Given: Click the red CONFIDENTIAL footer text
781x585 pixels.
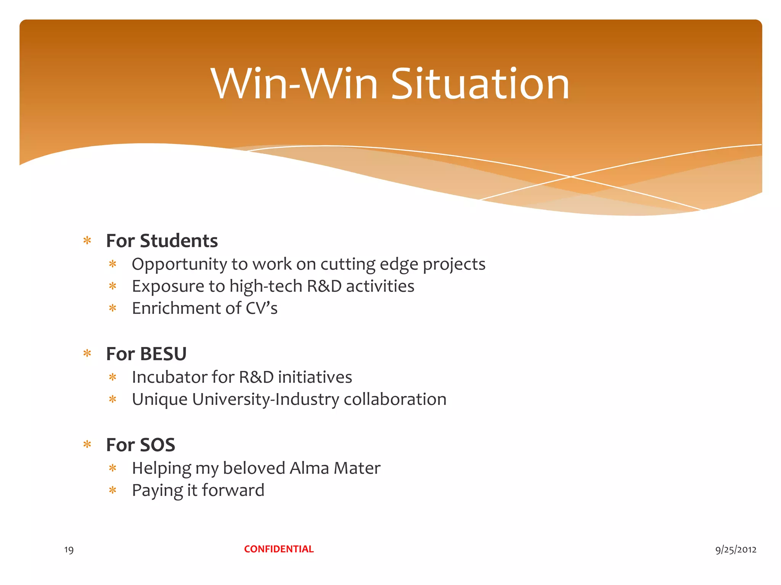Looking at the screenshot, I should [x=279, y=549].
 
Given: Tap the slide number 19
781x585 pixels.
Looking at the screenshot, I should [x=69, y=550].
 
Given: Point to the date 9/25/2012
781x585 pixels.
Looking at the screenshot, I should [x=736, y=549].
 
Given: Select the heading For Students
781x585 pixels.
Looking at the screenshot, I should [x=162, y=241].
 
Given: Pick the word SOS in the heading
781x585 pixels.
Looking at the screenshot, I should [x=157, y=445].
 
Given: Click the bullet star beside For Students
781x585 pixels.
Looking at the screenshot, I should [x=87, y=241].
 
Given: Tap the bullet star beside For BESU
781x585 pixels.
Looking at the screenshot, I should [x=87, y=354].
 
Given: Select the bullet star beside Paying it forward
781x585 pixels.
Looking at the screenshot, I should [x=112, y=490].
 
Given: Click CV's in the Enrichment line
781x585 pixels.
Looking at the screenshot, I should [x=261, y=308].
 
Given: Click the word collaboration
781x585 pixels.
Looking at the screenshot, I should [x=395, y=399].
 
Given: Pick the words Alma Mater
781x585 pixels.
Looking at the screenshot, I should [x=335, y=468].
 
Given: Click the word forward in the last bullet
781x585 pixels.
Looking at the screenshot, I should [x=233, y=490].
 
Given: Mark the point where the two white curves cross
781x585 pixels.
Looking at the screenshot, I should [x=571, y=177].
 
